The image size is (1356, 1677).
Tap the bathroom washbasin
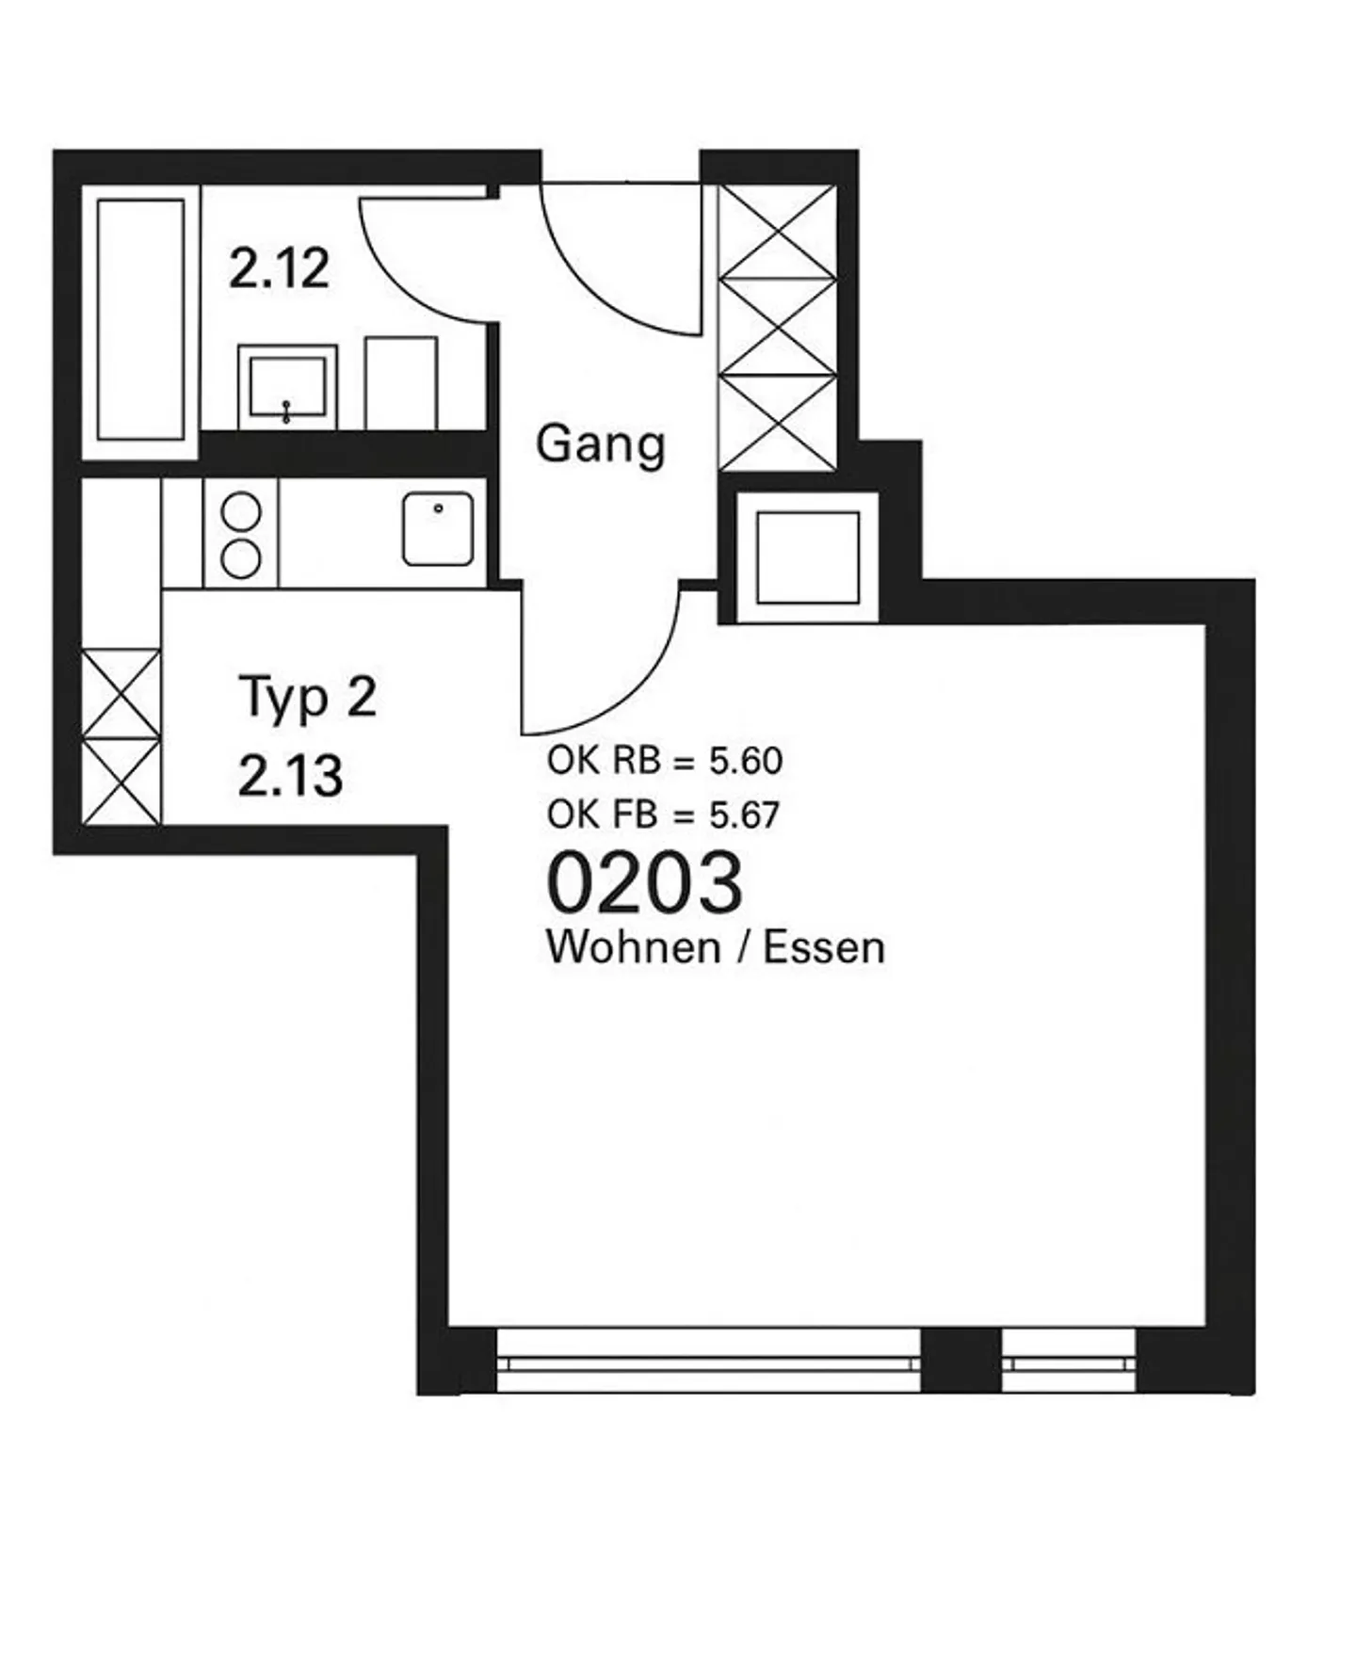pos(287,385)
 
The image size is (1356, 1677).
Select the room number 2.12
pos(279,269)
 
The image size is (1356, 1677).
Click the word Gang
pos(601,444)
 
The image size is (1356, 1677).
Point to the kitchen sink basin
pos(438,529)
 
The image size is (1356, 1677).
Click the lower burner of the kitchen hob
pos(241,558)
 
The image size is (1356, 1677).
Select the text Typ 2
pos(308,698)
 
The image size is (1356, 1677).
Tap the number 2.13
pos(290,777)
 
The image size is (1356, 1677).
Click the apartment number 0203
pos(645,882)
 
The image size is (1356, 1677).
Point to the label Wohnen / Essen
pos(716,947)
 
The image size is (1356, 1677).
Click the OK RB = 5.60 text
pos(665,761)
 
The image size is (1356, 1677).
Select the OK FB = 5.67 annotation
pos(664,814)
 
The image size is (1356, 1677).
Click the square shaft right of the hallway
pos(808,558)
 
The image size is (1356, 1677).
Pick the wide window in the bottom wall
pos(708,1362)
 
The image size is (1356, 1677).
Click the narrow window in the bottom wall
pos(1069,1362)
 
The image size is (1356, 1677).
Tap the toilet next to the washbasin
pos(401,383)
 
